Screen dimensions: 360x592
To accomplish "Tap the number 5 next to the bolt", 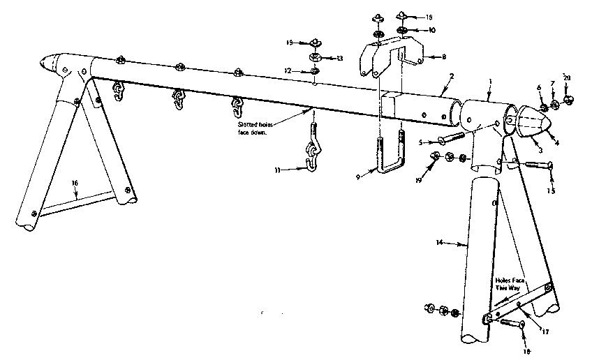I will [x=420, y=142].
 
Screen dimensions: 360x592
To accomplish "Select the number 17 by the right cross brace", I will [x=545, y=332].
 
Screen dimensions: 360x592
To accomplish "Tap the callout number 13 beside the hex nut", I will [x=340, y=58].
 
